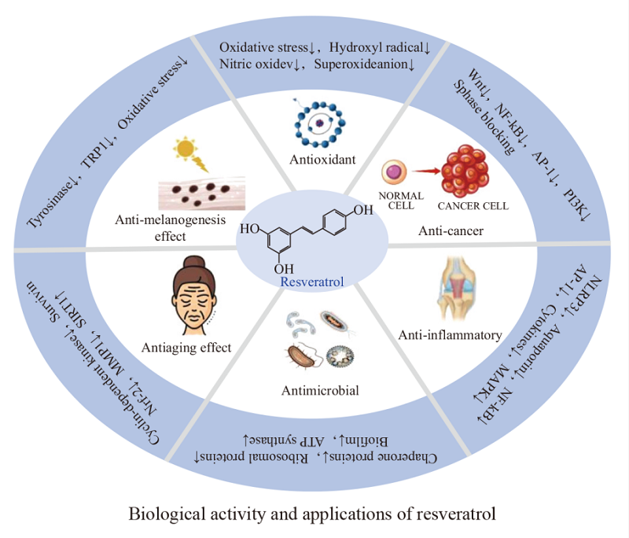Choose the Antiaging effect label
pos(186,347)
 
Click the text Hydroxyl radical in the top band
pos(382,48)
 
